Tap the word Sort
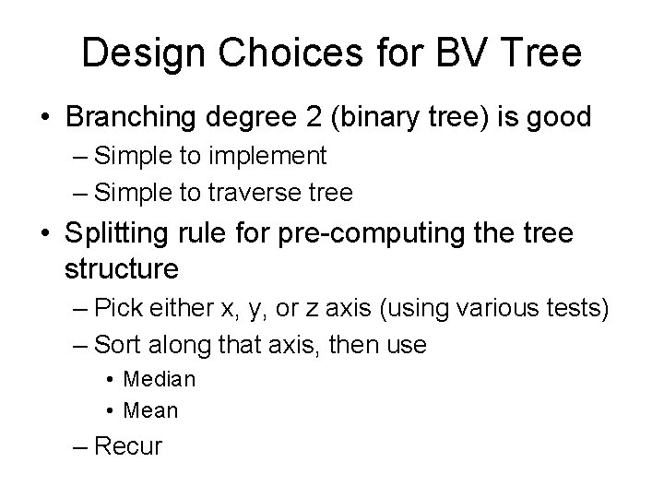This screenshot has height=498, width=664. coord(116,345)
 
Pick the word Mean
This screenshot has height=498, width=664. coord(149,409)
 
